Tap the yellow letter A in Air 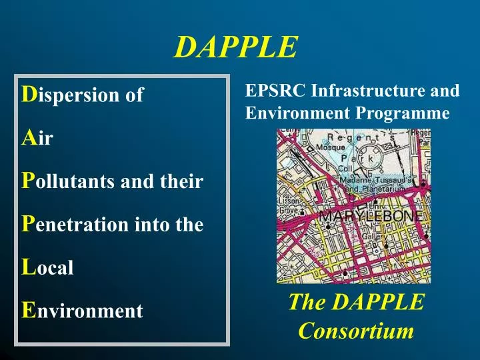pos(29,138)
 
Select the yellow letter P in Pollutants pos(28,181)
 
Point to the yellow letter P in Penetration pos(28,224)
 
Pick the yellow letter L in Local pos(28,267)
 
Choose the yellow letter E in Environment pos(28,310)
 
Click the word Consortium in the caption pos(356,330)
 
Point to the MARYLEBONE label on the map pos(370,217)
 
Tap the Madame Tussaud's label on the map pos(377,180)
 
